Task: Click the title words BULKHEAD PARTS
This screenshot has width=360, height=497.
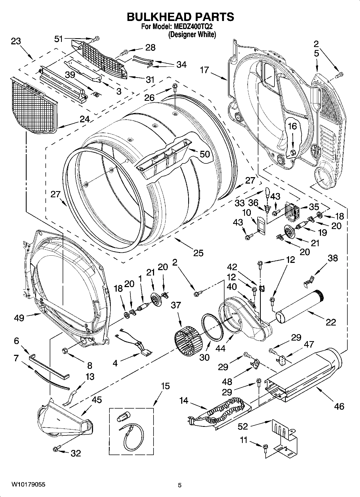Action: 180,17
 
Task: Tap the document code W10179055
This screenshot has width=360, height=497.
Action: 28,484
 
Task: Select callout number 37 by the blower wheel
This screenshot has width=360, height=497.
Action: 176,305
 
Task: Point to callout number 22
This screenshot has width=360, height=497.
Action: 331,322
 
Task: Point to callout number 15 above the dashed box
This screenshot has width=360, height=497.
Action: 165,386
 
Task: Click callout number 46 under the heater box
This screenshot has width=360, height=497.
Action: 339,406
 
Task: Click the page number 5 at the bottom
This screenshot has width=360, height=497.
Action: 180,485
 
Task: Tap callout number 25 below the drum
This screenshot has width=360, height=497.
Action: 198,253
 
